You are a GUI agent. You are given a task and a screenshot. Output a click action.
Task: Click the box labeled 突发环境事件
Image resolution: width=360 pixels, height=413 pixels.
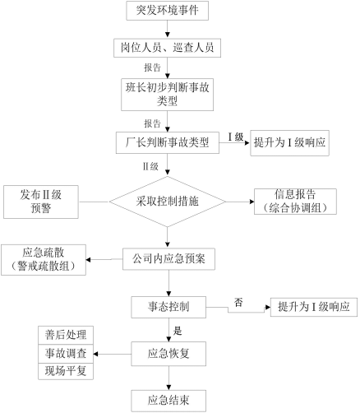pos(167,11)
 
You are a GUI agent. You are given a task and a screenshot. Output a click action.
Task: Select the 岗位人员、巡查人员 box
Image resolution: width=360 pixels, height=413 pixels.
pos(167,48)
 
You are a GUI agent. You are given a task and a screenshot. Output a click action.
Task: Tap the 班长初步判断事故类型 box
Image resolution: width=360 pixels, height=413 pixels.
pos(167,95)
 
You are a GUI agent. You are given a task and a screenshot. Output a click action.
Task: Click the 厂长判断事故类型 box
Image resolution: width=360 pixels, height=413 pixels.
pos(168,142)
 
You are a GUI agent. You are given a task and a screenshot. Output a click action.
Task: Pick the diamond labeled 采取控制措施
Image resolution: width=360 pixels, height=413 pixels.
pos(168,202)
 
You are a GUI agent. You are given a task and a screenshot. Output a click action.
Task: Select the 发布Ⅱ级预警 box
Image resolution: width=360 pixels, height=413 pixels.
pos(41,202)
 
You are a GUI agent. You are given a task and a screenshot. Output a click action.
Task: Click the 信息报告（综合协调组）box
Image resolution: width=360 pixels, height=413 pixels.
pos(295,202)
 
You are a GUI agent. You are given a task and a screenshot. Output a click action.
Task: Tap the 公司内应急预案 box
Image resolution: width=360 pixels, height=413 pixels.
pos(168,259)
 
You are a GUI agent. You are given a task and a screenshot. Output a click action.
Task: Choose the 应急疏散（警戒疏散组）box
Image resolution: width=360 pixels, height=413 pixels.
pos(44,260)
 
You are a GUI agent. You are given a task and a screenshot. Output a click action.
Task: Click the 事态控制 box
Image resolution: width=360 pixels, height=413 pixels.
pos(168,307)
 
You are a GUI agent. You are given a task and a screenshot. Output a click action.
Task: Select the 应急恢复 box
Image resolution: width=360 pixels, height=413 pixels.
pos(168,354)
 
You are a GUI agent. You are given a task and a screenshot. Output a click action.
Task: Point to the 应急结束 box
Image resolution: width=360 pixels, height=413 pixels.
pos(168,401)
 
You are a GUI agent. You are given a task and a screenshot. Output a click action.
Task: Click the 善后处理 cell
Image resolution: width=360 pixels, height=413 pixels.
pos(66,335)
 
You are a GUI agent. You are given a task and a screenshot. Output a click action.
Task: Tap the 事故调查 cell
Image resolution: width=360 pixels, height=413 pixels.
pos(66,354)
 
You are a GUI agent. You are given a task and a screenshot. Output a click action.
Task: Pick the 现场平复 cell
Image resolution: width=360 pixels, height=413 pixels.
pos(66,371)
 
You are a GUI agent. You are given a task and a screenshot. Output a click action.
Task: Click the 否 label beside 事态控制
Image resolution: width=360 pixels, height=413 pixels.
pos(238,302)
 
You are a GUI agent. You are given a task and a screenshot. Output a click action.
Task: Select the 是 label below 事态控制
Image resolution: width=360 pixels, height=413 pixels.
pos(178,331)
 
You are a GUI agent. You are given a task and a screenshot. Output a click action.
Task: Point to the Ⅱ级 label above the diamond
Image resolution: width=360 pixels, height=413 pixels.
pos(150,166)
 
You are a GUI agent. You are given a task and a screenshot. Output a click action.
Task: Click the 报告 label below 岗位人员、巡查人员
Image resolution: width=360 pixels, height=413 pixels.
pos(153,67)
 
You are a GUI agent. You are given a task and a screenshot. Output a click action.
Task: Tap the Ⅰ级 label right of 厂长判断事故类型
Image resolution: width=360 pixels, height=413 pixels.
pos(236,137)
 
